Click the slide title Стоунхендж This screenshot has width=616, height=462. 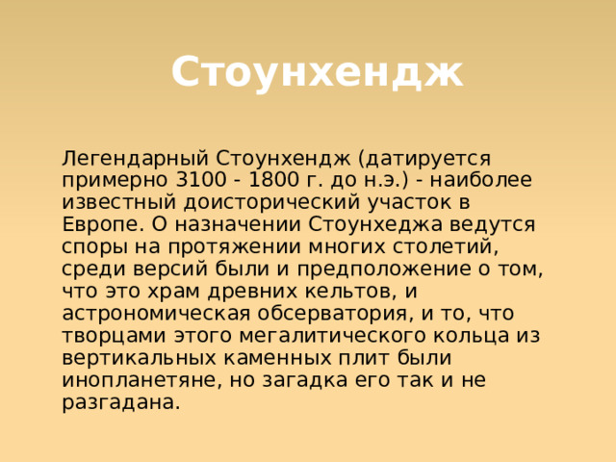click(317, 72)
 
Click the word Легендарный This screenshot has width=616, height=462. click(135, 158)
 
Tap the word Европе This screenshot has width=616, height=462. click(101, 224)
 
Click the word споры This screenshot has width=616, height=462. click(92, 246)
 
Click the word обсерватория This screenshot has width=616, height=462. click(330, 314)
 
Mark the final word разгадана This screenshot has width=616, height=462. click(119, 402)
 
